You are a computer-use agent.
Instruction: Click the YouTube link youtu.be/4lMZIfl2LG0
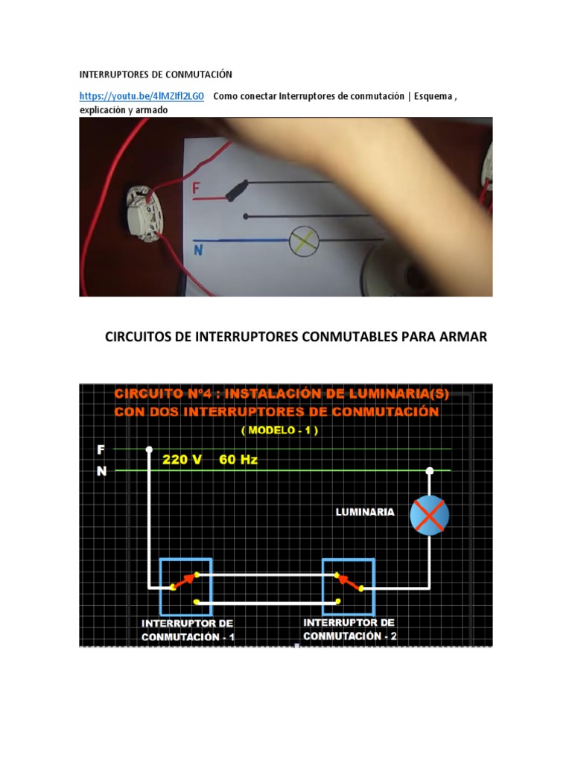pyautogui.click(x=142, y=96)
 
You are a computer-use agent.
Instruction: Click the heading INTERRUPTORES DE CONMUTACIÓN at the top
pyautogui.click(x=156, y=75)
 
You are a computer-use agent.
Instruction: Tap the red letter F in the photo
pyautogui.click(x=197, y=189)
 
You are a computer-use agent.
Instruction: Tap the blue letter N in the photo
pyautogui.click(x=199, y=250)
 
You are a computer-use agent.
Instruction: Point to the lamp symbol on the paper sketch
pyautogui.click(x=303, y=239)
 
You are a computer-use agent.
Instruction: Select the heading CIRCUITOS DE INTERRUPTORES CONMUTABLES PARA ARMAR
pyautogui.click(x=296, y=337)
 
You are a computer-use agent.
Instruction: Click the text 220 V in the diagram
pyautogui.click(x=182, y=460)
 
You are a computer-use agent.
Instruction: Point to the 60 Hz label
pyautogui.click(x=238, y=460)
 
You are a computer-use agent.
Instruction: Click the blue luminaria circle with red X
pyautogui.click(x=430, y=514)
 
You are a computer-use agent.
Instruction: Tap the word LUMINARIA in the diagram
pyautogui.click(x=364, y=512)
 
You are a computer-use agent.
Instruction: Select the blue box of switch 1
pyautogui.click(x=185, y=581)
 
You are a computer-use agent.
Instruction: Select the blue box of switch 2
pyautogui.click(x=350, y=582)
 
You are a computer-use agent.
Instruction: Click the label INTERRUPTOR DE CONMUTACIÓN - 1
pyautogui.click(x=188, y=630)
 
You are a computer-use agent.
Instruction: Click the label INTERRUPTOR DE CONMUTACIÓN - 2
pyautogui.click(x=350, y=629)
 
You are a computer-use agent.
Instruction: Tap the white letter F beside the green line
pyautogui.click(x=101, y=449)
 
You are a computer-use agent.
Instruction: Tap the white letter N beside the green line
pyautogui.click(x=101, y=471)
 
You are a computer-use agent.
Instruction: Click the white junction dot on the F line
pyautogui.click(x=149, y=449)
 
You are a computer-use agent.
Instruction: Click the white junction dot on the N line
pyautogui.click(x=430, y=470)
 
